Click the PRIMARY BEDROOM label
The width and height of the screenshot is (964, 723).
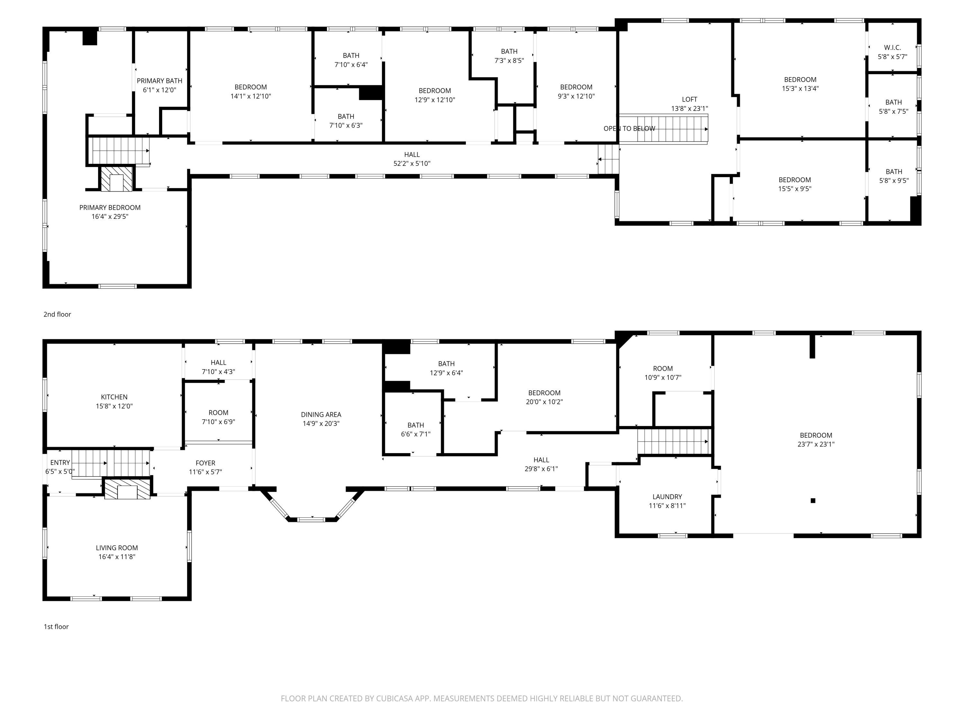coord(110,208)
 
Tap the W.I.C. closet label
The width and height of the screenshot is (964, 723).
coord(892,48)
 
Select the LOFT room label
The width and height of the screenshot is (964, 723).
coord(690,99)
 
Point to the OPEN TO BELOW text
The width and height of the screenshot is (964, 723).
coord(629,129)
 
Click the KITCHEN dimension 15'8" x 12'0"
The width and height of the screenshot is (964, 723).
coord(114,406)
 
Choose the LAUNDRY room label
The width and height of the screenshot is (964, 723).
coord(667,497)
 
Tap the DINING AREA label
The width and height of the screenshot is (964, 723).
coord(321,415)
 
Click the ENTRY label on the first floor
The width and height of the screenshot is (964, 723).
coord(60,462)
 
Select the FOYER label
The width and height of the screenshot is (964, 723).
coord(205,463)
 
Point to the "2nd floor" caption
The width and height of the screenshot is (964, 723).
coord(57,314)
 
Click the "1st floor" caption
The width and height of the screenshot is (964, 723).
coord(56,627)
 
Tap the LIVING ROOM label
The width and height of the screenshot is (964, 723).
coord(117,548)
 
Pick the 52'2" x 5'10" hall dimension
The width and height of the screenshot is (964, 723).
coord(412,164)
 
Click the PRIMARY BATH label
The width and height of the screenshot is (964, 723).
coord(159,81)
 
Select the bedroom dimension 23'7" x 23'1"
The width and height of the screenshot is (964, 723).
coord(816,444)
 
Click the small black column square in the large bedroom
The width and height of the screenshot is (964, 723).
coord(813,501)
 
